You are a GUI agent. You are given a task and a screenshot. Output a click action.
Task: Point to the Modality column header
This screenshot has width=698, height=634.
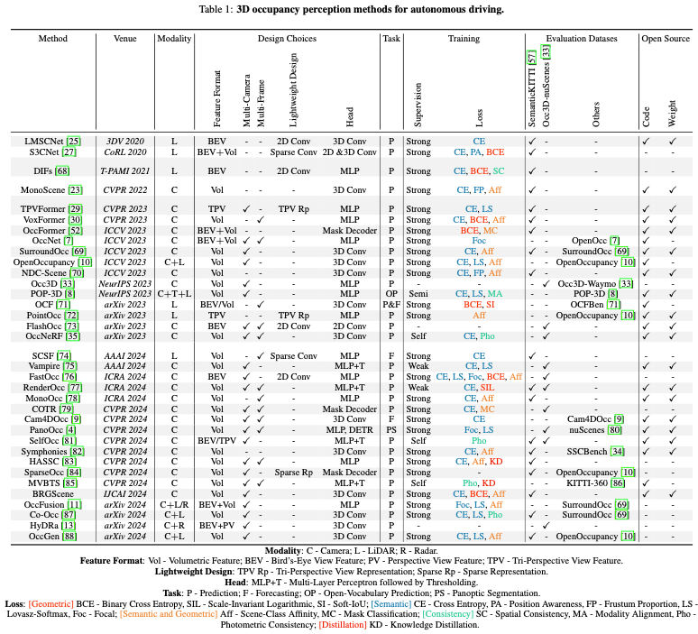pos(173,40)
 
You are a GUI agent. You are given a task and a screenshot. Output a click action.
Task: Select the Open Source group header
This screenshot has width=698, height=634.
pos(666,40)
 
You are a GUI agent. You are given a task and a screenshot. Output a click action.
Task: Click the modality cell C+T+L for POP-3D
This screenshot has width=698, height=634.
pos(173,294)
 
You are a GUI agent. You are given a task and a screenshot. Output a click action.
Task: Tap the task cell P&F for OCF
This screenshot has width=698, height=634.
pos(391,305)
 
